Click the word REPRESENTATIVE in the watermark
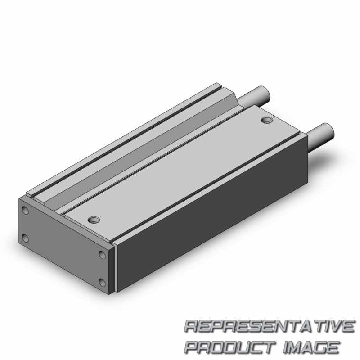click(269, 326)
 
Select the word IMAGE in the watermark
click(311, 347)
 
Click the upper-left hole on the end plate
click(25, 210)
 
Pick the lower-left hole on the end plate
click(25, 238)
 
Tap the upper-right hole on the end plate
click(102, 255)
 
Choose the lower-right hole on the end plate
click(102, 283)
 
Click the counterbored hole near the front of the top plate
click(94, 220)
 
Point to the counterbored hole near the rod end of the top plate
click(267, 120)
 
